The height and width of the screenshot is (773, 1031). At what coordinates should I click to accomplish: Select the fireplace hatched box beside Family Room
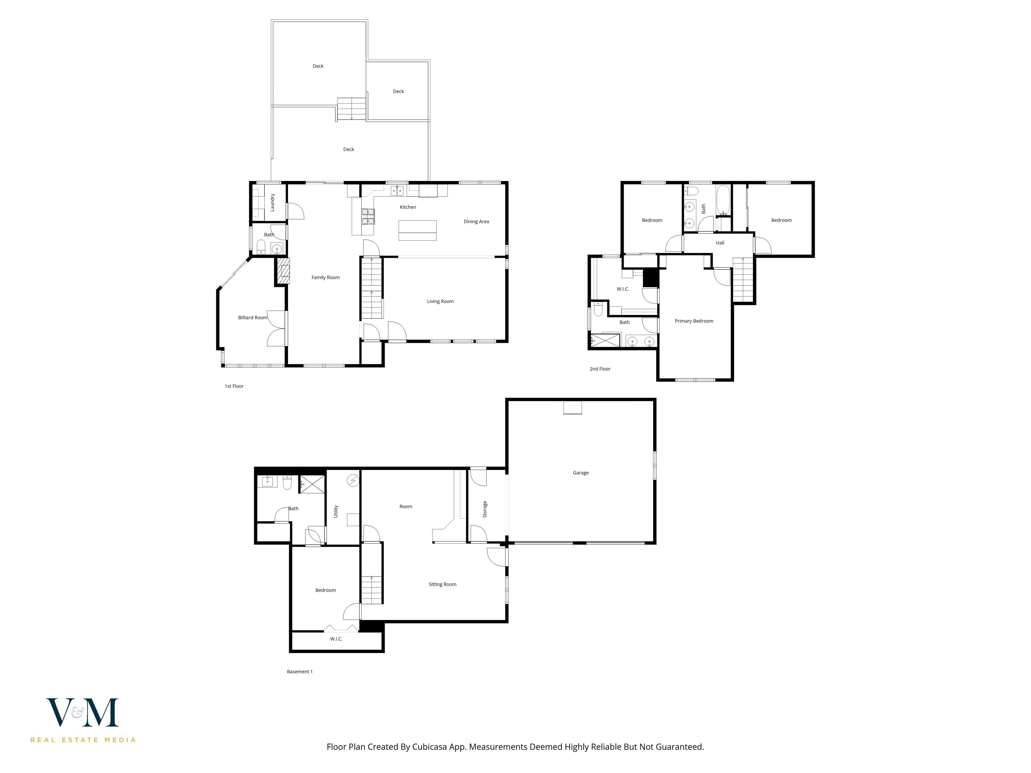[x=283, y=271]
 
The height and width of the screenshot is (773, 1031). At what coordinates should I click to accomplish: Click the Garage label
[x=580, y=473]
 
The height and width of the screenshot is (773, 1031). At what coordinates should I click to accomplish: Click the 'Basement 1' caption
[x=300, y=671]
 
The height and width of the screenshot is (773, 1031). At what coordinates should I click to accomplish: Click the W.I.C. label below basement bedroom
[x=336, y=639]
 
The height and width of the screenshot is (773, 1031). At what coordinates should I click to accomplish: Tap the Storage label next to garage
[x=485, y=509]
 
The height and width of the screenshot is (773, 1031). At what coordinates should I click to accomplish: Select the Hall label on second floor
[x=720, y=243]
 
